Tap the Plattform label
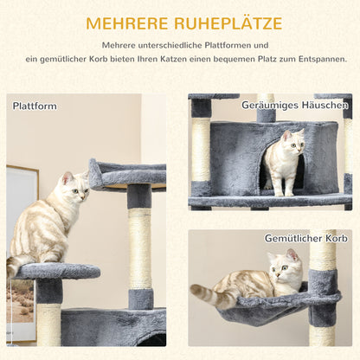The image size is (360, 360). [35, 106]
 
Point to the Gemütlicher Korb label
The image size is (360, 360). [306, 239]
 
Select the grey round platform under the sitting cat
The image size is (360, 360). [57, 271]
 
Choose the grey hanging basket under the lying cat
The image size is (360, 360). [260, 307]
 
